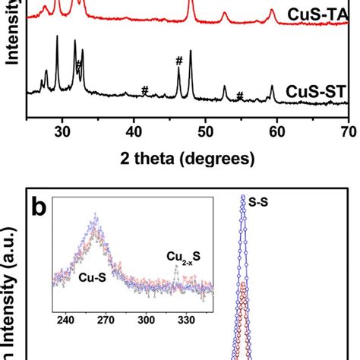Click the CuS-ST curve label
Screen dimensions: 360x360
point(313,92)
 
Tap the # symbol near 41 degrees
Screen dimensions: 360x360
point(144,90)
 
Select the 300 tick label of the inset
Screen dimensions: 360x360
point(146,320)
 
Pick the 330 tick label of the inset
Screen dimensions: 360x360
point(187,320)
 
